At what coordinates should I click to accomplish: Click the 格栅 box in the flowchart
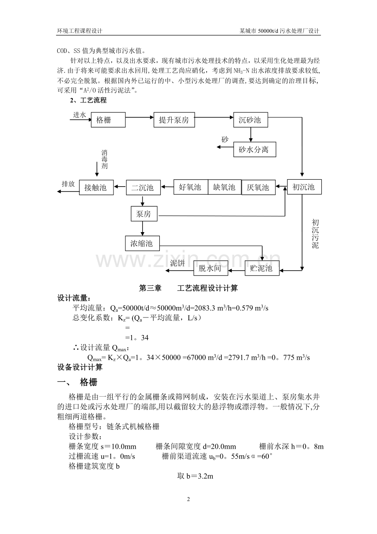click(108, 120)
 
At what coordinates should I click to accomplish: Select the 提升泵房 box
click(174, 120)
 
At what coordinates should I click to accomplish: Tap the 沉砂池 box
click(250, 120)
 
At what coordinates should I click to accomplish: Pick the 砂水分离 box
click(254, 149)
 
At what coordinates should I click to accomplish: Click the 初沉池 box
click(304, 187)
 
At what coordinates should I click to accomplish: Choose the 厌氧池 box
click(259, 187)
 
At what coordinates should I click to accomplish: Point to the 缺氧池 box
click(224, 187)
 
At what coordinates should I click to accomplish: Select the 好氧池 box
click(191, 187)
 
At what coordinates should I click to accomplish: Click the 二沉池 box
click(143, 187)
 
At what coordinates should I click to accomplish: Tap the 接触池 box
click(96, 187)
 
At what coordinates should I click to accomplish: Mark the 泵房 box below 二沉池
click(144, 214)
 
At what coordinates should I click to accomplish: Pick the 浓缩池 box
click(143, 243)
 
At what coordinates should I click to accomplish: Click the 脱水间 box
click(211, 268)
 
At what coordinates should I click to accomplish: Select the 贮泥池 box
click(262, 268)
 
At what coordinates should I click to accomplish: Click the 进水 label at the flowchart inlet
click(79, 115)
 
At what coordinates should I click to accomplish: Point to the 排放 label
click(68, 184)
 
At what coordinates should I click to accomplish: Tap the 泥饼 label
click(177, 263)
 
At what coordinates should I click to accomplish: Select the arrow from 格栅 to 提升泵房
click(140, 117)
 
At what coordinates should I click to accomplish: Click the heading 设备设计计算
click(80, 367)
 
